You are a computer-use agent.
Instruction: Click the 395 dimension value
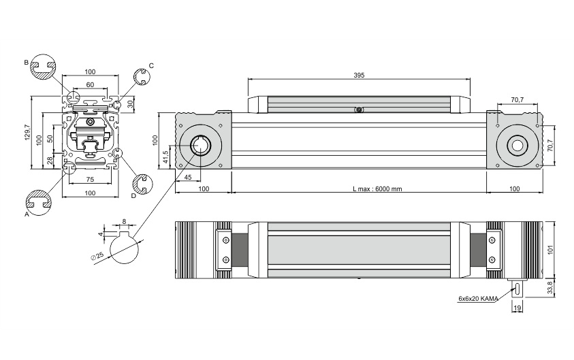[359, 75]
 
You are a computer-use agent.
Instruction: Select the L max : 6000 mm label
[377, 189]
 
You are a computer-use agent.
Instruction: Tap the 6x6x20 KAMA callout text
[478, 299]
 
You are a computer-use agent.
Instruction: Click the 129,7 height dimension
[27, 133]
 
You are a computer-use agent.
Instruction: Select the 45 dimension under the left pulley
[187, 178]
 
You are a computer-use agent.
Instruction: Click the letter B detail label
[26, 63]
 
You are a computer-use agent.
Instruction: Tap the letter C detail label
[151, 66]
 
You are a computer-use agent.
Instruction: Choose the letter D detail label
[133, 196]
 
